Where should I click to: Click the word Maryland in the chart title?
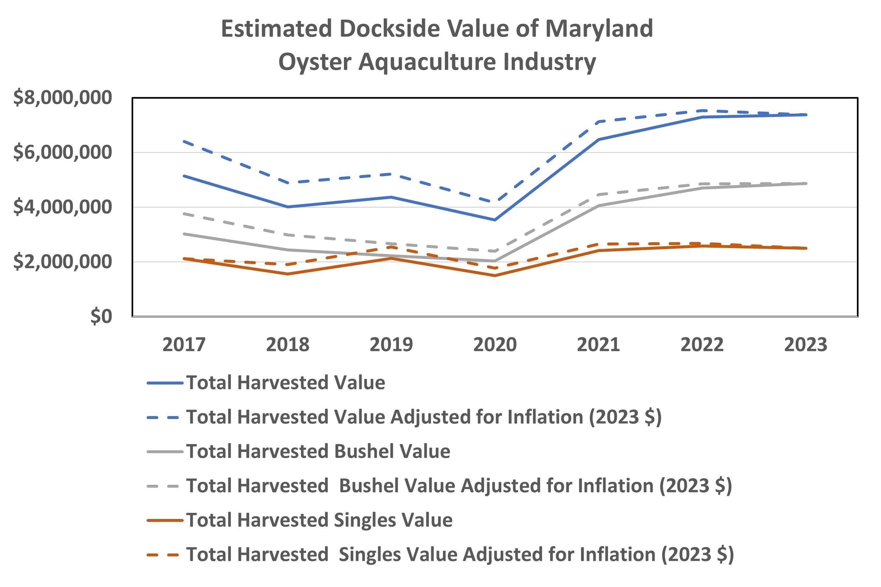[599, 29]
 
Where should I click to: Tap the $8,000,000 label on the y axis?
[63, 98]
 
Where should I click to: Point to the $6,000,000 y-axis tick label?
[63, 152]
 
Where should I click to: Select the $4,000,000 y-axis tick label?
[63, 207]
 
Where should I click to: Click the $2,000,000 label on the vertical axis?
[63, 262]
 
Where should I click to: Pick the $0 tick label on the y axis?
[101, 316]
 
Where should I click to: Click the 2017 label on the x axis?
[184, 344]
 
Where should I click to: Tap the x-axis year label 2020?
[495, 344]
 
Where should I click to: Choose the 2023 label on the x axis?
[805, 344]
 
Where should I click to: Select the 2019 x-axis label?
[391, 344]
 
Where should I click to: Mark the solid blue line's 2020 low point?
[495, 220]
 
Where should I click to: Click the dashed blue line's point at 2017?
[184, 141]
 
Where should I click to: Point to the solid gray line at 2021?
[598, 205]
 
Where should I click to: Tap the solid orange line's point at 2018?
[288, 274]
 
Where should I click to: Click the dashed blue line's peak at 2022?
[702, 110]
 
